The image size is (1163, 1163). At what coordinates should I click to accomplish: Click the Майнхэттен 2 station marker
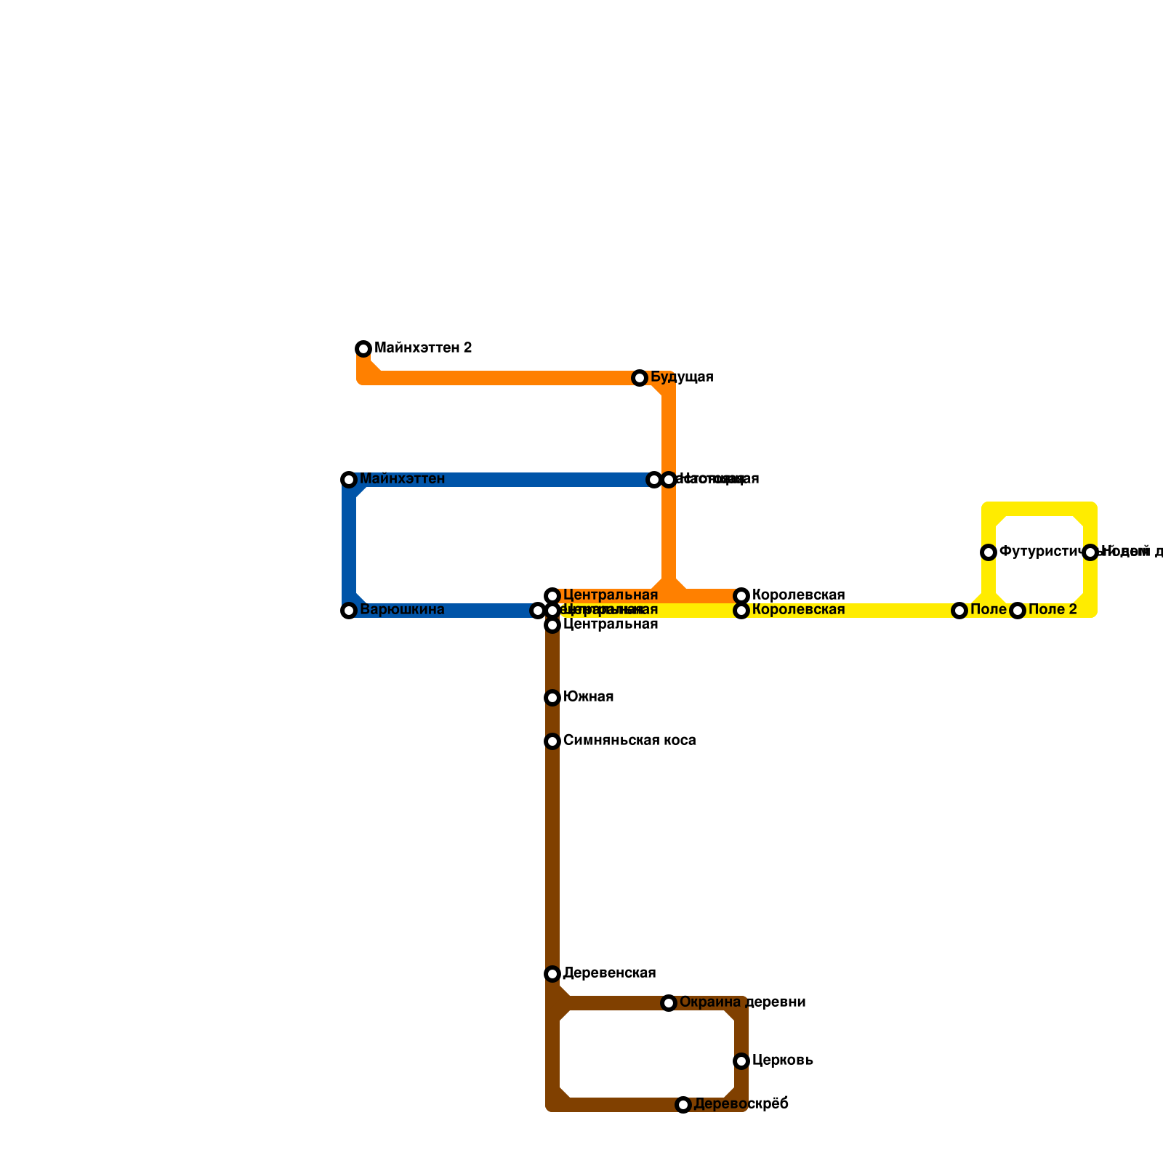coord(363,349)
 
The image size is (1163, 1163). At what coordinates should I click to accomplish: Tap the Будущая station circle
coord(640,378)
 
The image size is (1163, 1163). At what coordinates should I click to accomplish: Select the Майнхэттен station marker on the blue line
coord(349,480)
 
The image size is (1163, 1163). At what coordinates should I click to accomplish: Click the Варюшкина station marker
coord(349,611)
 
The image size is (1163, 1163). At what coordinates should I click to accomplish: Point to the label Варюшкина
coord(402,610)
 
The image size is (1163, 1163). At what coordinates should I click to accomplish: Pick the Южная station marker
coord(552,698)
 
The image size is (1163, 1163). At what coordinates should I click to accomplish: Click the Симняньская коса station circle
coord(552,741)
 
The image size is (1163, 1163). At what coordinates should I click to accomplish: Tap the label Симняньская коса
coord(629,741)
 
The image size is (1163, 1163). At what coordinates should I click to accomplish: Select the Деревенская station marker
coord(552,974)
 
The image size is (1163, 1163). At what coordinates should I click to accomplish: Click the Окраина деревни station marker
coord(669,1003)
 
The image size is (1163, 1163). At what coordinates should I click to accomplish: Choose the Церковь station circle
coord(741,1061)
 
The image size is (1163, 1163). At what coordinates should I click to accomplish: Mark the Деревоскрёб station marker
coord(683,1105)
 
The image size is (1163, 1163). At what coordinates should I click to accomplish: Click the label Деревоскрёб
coord(741,1104)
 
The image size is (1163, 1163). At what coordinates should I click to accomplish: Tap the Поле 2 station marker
coord(1018,611)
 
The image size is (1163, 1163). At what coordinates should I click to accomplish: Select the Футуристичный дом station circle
coord(989,552)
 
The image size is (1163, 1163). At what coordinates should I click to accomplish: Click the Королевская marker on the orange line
coord(741,596)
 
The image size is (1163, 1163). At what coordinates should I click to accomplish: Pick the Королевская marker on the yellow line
coord(741,611)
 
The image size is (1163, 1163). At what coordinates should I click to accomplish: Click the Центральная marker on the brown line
coord(552,625)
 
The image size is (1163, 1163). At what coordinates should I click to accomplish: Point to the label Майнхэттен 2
coord(423,348)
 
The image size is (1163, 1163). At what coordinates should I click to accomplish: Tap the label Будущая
coord(682,377)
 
